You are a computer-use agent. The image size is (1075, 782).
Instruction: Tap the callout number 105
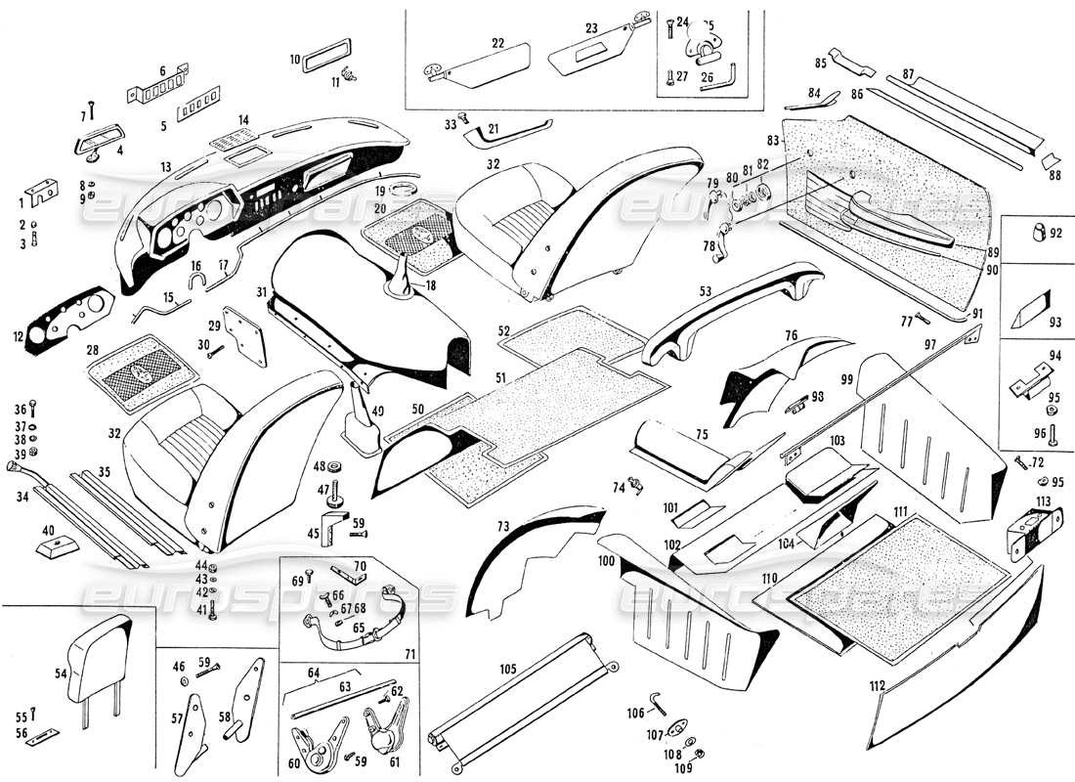point(509,672)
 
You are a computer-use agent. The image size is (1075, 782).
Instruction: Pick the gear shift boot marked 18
point(402,272)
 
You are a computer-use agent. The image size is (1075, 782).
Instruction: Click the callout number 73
point(501,527)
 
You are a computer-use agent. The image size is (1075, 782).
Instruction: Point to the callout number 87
point(908,74)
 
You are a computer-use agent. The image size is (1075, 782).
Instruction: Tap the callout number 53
point(705,291)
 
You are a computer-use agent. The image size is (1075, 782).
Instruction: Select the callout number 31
point(262,291)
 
